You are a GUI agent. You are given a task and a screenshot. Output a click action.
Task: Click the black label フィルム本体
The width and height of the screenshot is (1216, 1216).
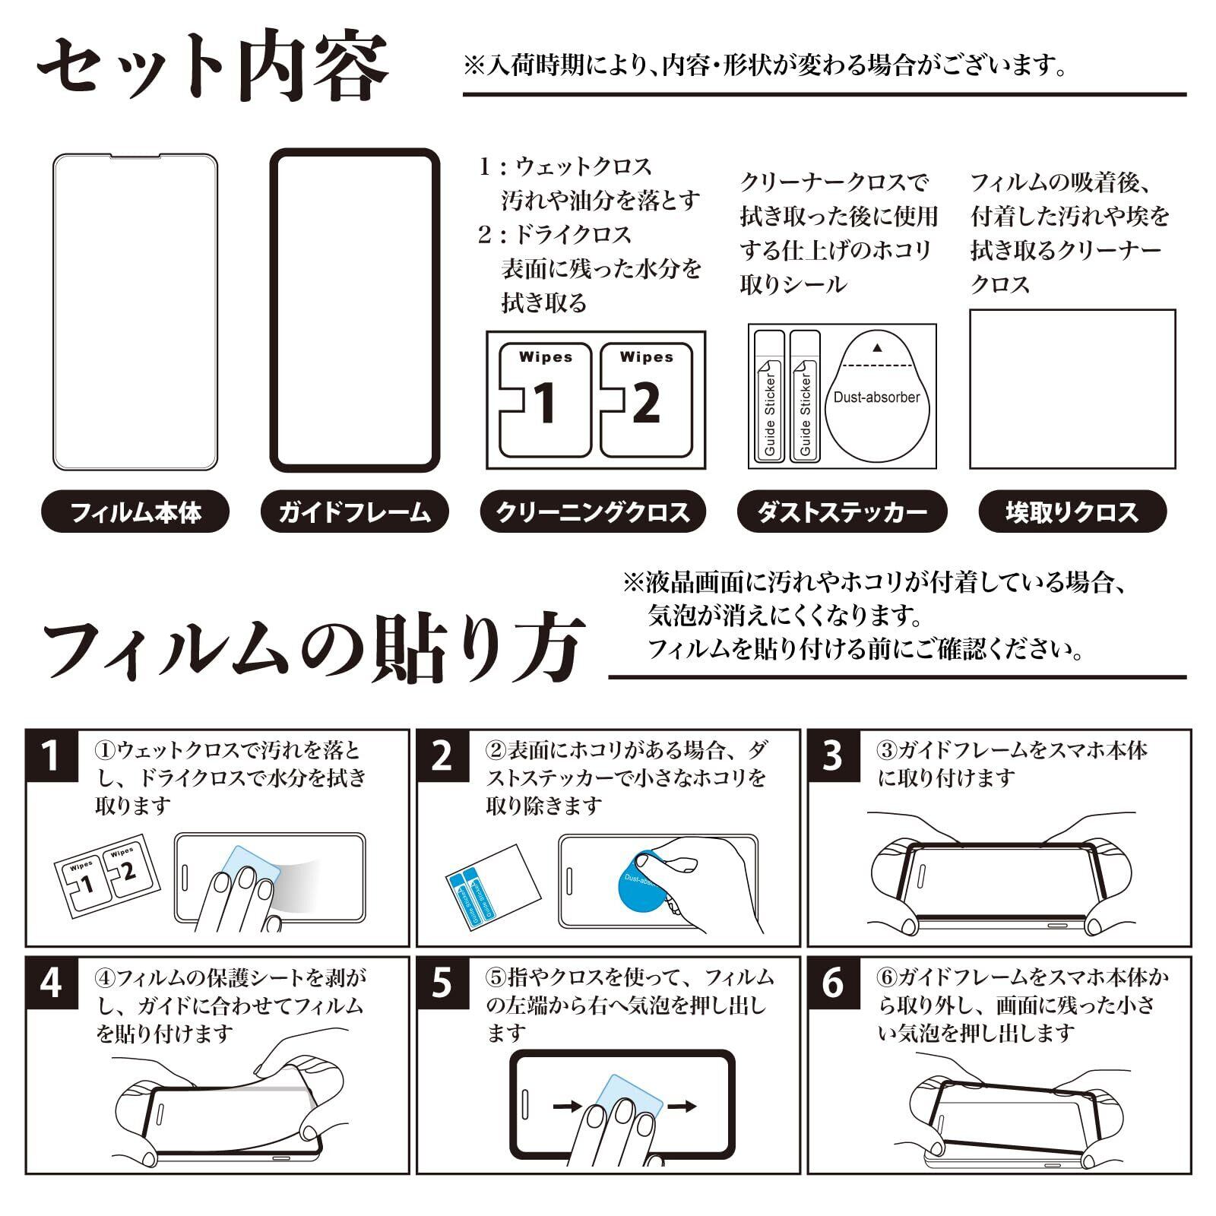pos(135,511)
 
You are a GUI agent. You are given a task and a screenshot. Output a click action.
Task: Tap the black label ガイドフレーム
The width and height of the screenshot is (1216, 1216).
pos(354,511)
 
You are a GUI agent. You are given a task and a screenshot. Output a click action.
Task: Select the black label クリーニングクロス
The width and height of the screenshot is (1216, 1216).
pos(593,511)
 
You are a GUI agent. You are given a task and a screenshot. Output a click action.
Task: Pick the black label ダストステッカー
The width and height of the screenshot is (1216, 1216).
pos(842,511)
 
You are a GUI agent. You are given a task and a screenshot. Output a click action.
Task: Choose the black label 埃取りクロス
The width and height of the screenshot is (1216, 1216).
pos(1072,511)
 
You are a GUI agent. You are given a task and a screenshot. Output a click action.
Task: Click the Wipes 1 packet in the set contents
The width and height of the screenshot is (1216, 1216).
pos(544,399)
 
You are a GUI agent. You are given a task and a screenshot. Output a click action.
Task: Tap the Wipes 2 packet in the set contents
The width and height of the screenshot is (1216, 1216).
pos(646,399)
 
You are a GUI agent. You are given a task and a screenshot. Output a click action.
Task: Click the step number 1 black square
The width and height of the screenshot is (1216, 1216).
pos(52,756)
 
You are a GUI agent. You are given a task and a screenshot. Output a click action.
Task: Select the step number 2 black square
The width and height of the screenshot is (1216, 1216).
pos(442,756)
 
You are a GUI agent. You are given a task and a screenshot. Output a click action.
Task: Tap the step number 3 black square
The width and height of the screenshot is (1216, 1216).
pos(833,756)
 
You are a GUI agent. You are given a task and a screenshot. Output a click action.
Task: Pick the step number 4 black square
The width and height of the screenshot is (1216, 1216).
pos(52,983)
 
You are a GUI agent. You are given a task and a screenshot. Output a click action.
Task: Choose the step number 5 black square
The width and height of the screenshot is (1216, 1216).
pos(442,983)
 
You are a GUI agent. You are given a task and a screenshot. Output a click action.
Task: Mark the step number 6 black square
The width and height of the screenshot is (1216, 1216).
pos(833,983)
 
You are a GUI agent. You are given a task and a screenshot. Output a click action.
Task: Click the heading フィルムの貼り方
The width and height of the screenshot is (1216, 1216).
pos(313,648)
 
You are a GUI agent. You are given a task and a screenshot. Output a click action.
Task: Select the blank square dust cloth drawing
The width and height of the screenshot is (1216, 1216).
pos(1072,388)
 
